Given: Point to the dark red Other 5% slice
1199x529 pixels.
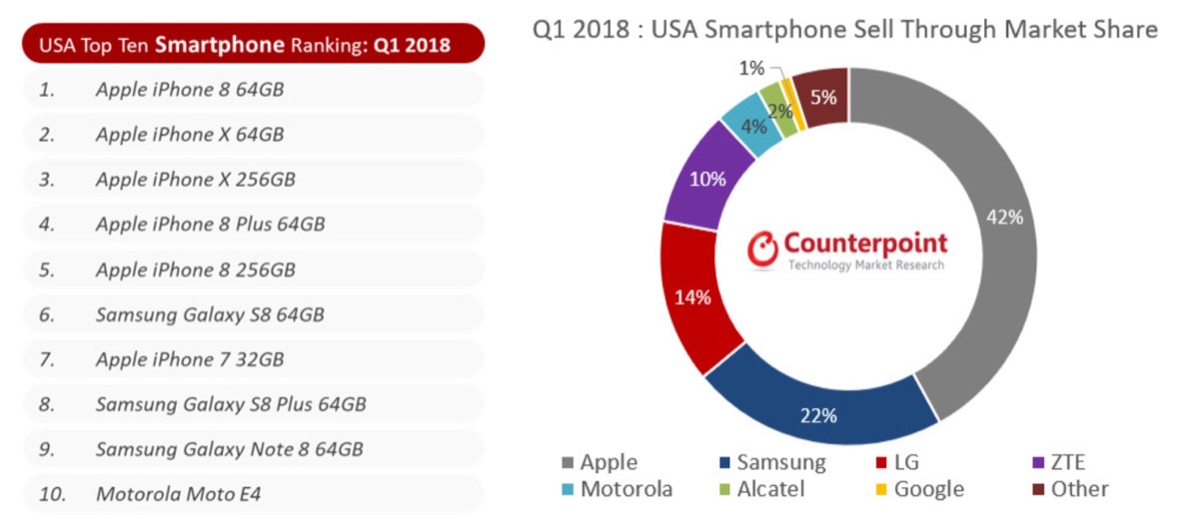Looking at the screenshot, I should pyautogui.click(x=824, y=97).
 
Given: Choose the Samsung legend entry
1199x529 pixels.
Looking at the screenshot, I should pyautogui.click(x=771, y=462).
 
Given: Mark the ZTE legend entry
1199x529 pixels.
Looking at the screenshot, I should pyautogui.click(x=1056, y=462).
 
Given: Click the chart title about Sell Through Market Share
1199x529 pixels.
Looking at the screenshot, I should pyautogui.click(x=844, y=29).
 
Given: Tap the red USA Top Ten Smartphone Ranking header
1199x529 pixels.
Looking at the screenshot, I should pyautogui.click(x=253, y=44).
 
